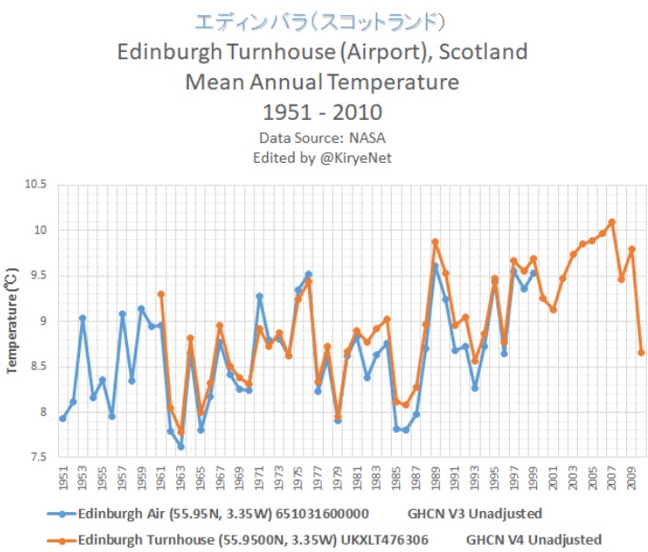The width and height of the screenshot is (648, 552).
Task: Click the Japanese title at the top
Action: click(323, 21)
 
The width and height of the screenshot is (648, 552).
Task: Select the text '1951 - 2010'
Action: click(323, 115)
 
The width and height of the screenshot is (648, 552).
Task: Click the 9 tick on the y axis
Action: click(39, 321)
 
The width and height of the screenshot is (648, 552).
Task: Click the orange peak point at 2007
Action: click(612, 221)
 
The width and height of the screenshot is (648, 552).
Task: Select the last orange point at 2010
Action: click(642, 352)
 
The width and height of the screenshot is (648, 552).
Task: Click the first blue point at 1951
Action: click(63, 418)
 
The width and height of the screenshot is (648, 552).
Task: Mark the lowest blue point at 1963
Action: click(181, 447)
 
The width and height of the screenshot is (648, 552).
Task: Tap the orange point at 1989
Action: click(435, 242)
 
